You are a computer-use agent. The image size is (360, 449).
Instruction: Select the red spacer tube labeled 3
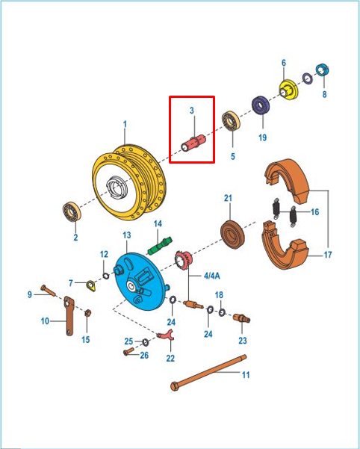pos(193,143)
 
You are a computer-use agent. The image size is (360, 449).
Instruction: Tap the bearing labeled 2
pos(72,211)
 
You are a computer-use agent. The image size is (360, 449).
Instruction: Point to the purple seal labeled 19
pos(261,105)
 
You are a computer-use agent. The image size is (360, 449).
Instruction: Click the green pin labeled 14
pos(160,245)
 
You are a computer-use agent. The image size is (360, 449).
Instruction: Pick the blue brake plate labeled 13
pos(140,282)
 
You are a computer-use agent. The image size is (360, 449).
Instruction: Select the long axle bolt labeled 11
pos(208,371)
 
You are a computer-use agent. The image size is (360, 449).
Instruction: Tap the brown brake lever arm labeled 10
pos(69,316)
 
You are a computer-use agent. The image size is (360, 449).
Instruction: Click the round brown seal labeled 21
pos(232,235)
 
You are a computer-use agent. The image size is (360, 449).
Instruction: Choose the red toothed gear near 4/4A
pos(184,260)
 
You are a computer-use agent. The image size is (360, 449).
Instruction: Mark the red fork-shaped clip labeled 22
pos(166,335)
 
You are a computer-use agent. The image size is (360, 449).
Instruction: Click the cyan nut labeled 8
pos(322,70)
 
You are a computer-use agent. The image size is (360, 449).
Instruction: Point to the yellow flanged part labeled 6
pos(288,90)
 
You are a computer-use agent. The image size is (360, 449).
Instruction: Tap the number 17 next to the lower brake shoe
pos(328,254)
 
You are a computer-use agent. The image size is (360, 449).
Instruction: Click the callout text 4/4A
pos(212,276)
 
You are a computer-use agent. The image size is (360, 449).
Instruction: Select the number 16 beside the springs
pos(314,212)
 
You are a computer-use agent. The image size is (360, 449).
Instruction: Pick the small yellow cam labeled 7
pos(91,286)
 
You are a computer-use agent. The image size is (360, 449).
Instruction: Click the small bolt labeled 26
pos(128,351)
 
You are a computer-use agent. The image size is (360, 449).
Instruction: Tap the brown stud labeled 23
pos(242,318)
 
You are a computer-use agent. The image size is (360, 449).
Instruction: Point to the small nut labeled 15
pos(88,313)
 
